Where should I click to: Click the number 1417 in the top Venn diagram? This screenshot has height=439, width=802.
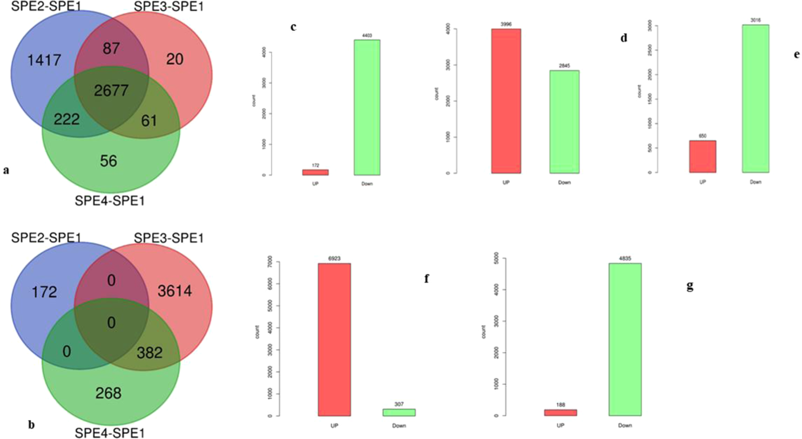click(44, 60)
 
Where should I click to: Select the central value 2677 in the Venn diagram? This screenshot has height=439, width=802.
click(111, 91)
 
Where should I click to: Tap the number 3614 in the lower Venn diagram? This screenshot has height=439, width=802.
click(174, 291)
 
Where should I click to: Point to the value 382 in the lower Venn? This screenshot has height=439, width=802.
click(149, 353)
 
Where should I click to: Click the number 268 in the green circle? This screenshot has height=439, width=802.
click(108, 393)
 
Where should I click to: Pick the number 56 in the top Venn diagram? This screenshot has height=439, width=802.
click(108, 161)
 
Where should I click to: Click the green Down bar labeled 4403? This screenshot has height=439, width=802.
click(367, 108)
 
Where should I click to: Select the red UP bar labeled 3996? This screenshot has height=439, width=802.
click(506, 101)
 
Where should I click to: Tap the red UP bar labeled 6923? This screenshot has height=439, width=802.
click(334, 339)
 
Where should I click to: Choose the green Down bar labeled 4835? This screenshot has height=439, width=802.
click(625, 339)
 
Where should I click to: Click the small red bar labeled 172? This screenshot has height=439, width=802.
click(315, 172)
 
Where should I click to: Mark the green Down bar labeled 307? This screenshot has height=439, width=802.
click(399, 412)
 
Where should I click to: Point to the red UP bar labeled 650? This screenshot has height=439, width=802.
click(702, 157)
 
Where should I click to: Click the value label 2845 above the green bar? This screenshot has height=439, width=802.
click(564, 66)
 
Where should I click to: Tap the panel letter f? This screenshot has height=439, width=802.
click(426, 279)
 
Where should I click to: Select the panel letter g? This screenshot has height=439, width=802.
click(690, 286)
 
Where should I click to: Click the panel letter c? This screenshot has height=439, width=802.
click(293, 27)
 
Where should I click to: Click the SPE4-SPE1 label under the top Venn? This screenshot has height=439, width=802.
click(110, 201)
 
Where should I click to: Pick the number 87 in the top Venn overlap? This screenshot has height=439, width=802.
click(111, 48)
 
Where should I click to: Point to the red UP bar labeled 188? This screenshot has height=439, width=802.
click(560, 413)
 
